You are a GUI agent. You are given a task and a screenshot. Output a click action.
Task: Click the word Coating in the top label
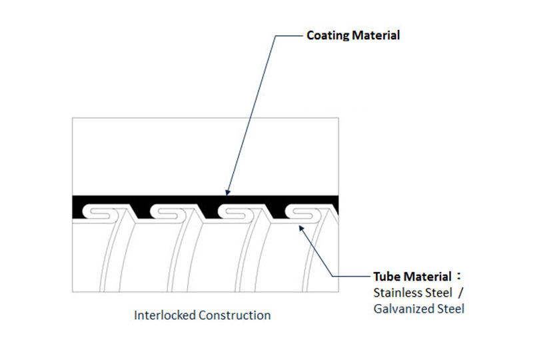click(327, 35)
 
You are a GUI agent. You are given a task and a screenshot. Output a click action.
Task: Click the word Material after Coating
click(376, 35)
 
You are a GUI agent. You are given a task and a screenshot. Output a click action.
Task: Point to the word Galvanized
click(398, 309)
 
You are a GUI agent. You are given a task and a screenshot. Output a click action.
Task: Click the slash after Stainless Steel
click(459, 293)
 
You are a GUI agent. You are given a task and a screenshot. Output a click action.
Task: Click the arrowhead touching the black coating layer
click(227, 192)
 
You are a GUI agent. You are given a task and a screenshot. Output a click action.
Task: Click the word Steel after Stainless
click(438, 293)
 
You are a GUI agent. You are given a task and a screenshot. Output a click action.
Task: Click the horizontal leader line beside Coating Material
click(287, 35)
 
